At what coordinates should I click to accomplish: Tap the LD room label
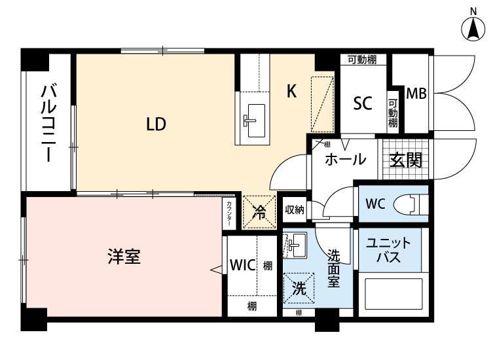[155, 124]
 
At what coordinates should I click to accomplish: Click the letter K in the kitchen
[292, 92]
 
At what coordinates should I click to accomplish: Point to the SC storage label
[363, 103]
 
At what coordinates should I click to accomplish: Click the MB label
[416, 94]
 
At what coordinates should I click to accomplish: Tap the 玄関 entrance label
[405, 160]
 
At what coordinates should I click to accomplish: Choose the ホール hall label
[344, 160]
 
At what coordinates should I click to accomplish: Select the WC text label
[375, 203]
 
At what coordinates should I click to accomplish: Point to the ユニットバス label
[389, 249]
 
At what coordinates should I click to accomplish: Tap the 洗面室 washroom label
[334, 268]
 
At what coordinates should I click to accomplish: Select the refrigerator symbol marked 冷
[259, 211]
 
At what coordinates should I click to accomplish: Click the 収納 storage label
[295, 209]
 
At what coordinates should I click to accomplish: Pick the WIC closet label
[242, 266]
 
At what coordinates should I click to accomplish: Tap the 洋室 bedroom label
[124, 257]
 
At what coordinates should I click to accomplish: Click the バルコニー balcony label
[46, 124]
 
